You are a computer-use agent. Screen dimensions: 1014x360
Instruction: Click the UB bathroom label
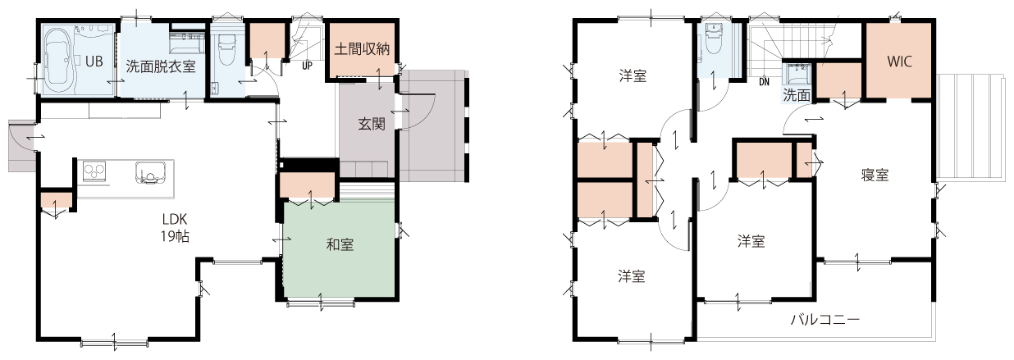click(94, 61)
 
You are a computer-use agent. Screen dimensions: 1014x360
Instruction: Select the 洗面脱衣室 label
click(161, 67)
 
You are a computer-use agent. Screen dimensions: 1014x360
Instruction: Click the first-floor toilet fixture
click(227, 50)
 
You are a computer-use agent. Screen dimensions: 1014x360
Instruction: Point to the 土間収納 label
click(362, 49)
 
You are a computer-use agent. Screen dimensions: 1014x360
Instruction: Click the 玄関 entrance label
click(372, 124)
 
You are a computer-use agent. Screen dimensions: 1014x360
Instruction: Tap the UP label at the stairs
click(307, 66)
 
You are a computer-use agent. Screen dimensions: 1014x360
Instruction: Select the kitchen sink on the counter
click(149, 172)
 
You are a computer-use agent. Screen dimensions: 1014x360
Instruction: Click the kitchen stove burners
click(94, 171)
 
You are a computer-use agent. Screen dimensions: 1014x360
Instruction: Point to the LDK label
click(175, 219)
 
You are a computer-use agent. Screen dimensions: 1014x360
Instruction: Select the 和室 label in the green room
click(340, 245)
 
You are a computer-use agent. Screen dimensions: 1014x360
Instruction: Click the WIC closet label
click(899, 62)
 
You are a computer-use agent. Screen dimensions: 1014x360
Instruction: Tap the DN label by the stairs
click(764, 82)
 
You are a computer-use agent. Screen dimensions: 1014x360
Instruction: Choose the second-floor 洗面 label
click(797, 95)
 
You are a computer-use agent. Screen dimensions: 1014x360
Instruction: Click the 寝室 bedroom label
click(875, 175)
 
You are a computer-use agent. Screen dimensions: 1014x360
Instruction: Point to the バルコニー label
click(825, 320)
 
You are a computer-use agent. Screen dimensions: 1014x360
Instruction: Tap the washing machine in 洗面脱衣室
click(186, 44)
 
